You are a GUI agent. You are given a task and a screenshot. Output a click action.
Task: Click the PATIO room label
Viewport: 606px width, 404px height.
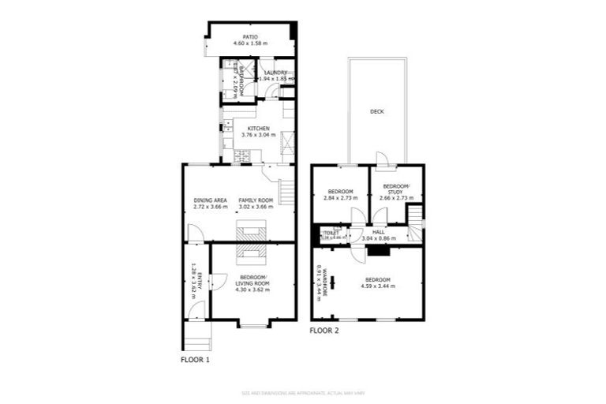pyautogui.click(x=251, y=36)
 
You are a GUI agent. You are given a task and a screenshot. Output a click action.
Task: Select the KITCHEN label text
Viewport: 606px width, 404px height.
pyautogui.click(x=258, y=129)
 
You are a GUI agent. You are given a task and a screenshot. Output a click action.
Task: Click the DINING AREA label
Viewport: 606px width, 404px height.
pyautogui.click(x=210, y=200)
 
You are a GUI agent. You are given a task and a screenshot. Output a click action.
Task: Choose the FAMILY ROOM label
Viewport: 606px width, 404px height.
pyautogui.click(x=256, y=200)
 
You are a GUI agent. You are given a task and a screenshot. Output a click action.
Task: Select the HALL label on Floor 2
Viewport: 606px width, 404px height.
pyautogui.click(x=378, y=232)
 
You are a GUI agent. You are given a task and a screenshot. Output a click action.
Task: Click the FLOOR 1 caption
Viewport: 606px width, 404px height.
pyautogui.click(x=196, y=360)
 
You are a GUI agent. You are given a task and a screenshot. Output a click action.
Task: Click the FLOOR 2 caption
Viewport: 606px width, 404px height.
pyautogui.click(x=325, y=331)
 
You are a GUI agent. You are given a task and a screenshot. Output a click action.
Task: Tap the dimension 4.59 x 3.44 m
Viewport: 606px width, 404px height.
pyautogui.click(x=377, y=286)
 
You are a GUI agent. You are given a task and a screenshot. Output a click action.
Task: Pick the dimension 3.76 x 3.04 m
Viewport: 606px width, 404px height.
pyautogui.click(x=258, y=135)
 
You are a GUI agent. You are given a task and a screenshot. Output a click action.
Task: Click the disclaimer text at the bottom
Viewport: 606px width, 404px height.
pyautogui.click(x=302, y=392)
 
